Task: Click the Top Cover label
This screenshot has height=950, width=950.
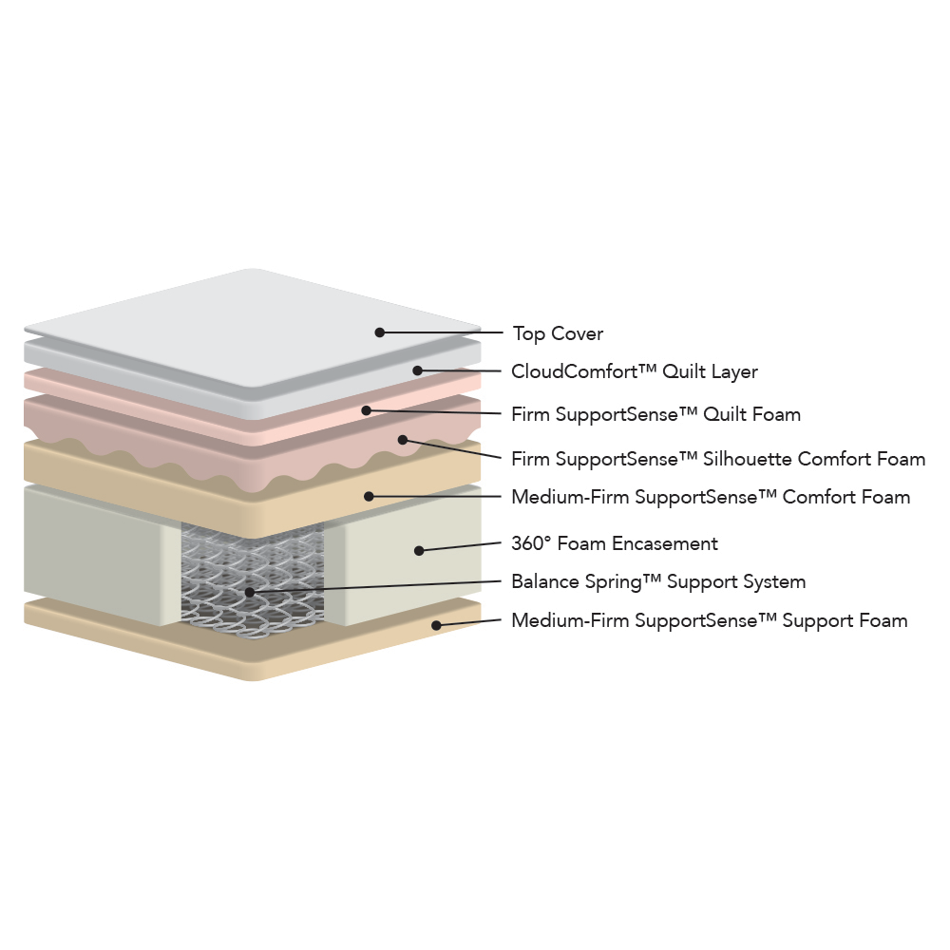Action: coord(558,333)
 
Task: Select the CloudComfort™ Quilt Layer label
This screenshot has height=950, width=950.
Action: coord(635,371)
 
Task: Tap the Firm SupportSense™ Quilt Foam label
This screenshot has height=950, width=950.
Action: coord(656,414)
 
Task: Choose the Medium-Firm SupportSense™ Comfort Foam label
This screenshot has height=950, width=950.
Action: coord(711,497)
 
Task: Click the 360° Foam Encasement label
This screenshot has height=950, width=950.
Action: coord(615,543)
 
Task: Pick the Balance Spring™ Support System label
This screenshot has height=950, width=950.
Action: coord(658,581)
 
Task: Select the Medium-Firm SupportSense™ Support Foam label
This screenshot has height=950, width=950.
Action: coord(710,620)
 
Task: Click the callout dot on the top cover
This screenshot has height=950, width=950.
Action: coord(380,332)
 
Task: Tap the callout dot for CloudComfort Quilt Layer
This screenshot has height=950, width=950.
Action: coord(417,370)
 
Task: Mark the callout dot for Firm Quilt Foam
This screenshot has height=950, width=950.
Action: coord(366,410)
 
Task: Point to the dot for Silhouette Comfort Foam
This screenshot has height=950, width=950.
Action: coord(403,439)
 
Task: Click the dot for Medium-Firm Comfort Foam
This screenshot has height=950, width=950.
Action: coord(369,496)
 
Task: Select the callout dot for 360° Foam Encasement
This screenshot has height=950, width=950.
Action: coord(419,550)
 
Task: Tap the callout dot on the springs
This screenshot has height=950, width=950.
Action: coord(250,591)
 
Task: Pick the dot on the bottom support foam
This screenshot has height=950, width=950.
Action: coord(436,625)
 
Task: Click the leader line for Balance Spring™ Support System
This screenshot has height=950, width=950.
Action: coord(375,586)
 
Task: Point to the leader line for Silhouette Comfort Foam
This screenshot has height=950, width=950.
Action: coord(452,448)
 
